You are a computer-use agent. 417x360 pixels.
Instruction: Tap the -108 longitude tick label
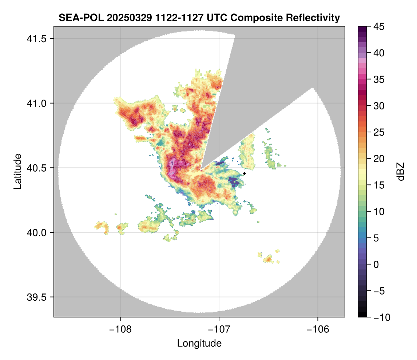click(x=120, y=329)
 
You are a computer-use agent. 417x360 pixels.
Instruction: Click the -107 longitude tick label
click(x=219, y=329)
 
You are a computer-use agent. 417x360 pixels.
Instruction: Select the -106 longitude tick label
click(x=318, y=329)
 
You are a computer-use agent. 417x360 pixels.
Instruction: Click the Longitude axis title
click(x=199, y=343)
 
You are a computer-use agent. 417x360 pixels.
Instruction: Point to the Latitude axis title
click(x=17, y=171)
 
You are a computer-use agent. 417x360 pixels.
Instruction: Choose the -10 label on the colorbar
click(x=380, y=317)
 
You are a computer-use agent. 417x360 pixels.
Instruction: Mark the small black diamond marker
click(x=245, y=173)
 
